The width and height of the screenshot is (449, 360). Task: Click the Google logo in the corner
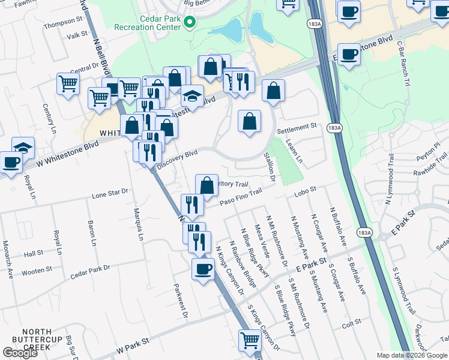20,353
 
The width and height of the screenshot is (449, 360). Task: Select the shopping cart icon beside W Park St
250,340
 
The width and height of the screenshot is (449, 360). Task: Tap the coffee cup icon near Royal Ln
10,162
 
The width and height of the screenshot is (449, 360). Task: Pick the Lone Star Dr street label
110,193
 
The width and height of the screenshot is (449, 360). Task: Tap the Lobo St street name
305,190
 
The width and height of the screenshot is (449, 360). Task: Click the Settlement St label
297,127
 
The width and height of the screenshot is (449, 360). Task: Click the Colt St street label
351,322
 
